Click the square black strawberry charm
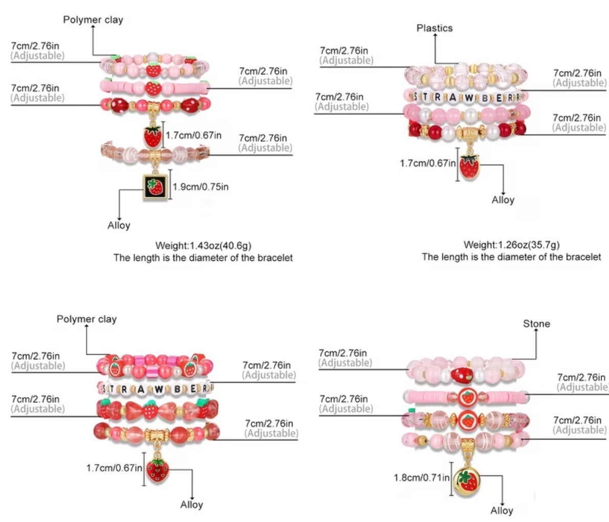click(x=155, y=187)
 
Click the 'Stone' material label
click(x=536, y=324)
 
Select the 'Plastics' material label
click(x=435, y=28)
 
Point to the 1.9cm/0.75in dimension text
click(x=200, y=187)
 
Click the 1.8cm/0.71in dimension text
click(x=421, y=478)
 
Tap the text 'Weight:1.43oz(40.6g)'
click(x=203, y=245)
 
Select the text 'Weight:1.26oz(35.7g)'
click(x=511, y=245)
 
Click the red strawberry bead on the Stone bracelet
click(x=462, y=374)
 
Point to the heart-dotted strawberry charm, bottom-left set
click(x=157, y=470)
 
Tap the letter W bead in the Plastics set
click(x=469, y=98)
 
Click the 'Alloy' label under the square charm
click(x=119, y=225)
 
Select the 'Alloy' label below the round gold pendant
click(x=502, y=510)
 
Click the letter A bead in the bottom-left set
click(x=141, y=389)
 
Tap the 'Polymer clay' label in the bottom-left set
click(x=86, y=319)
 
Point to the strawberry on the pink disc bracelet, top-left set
click(x=153, y=88)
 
